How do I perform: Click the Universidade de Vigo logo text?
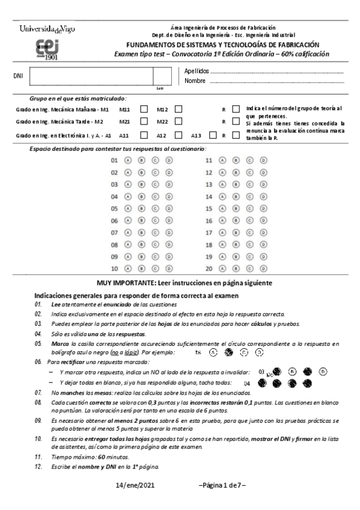point(47,29)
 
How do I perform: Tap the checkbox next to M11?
point(144,109)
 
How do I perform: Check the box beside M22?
point(178,122)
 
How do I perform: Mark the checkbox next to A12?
point(178,135)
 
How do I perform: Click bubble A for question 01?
point(127,161)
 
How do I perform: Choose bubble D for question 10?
point(169,268)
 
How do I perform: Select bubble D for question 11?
point(263,161)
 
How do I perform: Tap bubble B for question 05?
point(141,209)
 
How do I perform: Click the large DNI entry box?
point(91,77)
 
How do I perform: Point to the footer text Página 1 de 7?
point(222,485)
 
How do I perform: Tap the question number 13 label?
point(209,185)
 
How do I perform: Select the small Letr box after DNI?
point(160,77)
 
